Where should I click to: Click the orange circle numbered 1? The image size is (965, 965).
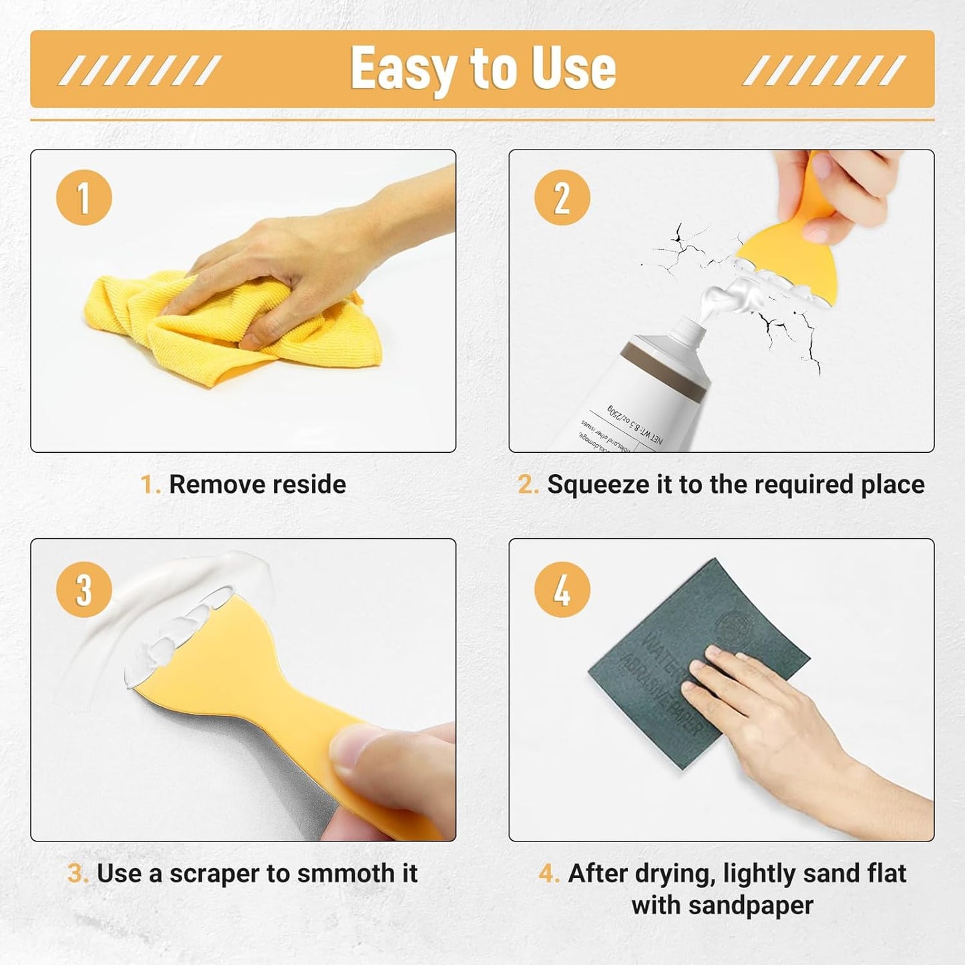tap(84, 198)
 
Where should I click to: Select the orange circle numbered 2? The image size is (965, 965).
tap(562, 198)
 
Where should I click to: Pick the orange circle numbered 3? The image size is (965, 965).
tap(84, 590)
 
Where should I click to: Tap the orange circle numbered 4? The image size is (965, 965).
tap(562, 590)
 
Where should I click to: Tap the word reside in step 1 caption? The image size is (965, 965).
tap(309, 485)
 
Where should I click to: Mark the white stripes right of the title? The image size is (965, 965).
tap(824, 70)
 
